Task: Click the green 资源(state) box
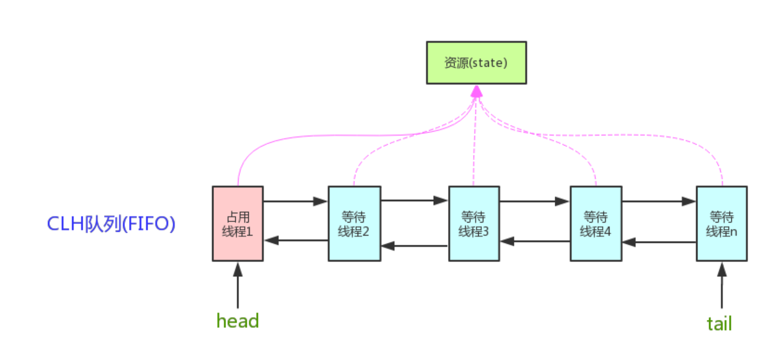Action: coord(476,63)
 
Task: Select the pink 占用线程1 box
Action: coord(238,223)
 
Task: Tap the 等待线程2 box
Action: coord(355,223)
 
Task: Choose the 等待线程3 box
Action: coord(474,223)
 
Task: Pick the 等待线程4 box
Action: coord(596,223)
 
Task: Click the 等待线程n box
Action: coord(722,223)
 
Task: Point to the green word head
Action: coord(238,321)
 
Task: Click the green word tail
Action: coord(719,324)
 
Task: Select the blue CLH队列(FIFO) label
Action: coord(111,223)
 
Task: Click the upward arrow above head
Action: coord(238,285)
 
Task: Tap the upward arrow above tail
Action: coord(722,285)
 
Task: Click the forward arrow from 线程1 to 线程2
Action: coord(296,201)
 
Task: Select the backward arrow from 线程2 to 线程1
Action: coord(296,240)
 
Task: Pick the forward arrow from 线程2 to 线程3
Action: coord(415,200)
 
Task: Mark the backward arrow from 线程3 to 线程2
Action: coord(415,246)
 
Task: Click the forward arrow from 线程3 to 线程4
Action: coord(535,201)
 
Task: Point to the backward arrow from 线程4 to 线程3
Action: coord(535,242)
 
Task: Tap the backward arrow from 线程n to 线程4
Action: coord(659,242)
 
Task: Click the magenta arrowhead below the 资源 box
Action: coord(476,91)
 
